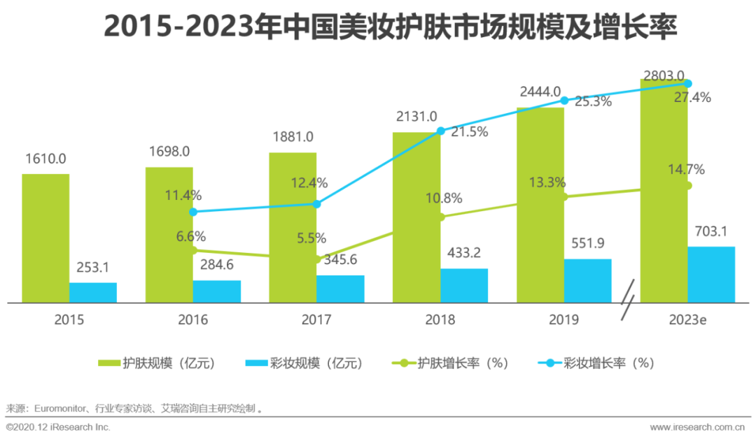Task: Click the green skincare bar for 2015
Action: [x=45, y=238]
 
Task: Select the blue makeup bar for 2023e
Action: [x=711, y=275]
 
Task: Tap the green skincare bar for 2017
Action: [x=293, y=227]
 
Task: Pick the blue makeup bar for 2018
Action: [x=464, y=286]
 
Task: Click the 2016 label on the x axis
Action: [x=193, y=320]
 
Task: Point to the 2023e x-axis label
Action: [x=687, y=320]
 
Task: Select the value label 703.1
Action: [x=711, y=231]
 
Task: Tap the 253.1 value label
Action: [x=93, y=267]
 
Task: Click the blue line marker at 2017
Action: [x=316, y=204]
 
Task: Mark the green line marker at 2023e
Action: [x=687, y=186]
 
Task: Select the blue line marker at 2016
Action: [x=193, y=212]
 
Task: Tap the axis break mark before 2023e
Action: [x=629, y=301]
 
